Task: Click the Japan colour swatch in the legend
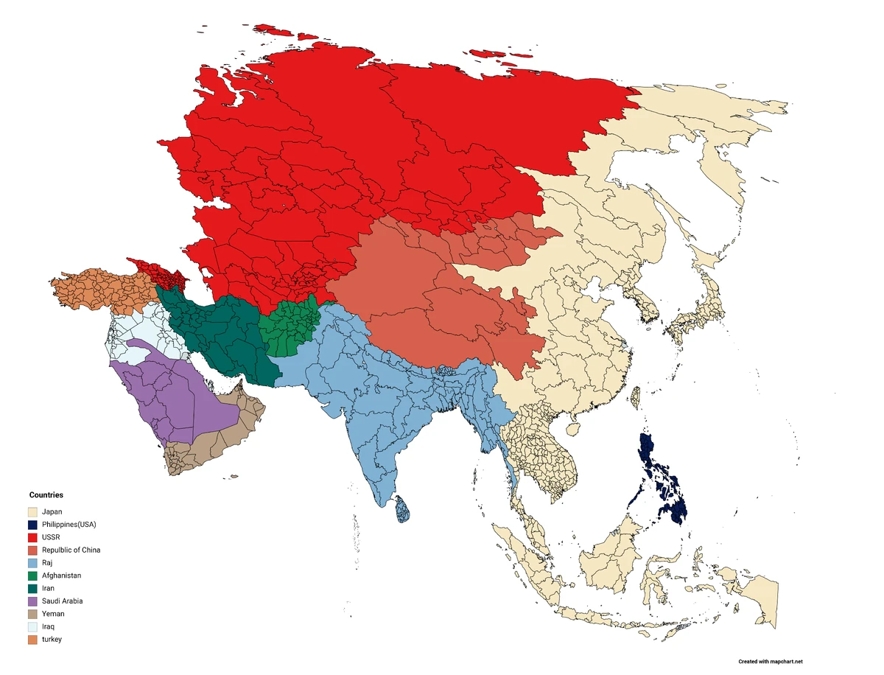pos(33,511)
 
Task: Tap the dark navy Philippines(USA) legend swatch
pos(33,525)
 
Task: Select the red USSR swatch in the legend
pos(33,537)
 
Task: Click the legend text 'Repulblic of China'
pos(71,550)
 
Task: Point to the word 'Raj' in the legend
pos(49,563)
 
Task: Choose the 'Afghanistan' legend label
pos(62,576)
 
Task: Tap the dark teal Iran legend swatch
pos(33,588)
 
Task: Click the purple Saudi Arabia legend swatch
pos(33,601)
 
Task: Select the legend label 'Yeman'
pos(53,614)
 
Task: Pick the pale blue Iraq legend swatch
pos(33,626)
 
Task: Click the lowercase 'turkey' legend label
pos(52,639)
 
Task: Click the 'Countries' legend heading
pos(46,495)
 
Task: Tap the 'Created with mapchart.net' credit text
pos(771,662)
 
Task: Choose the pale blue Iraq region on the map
pos(147,332)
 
